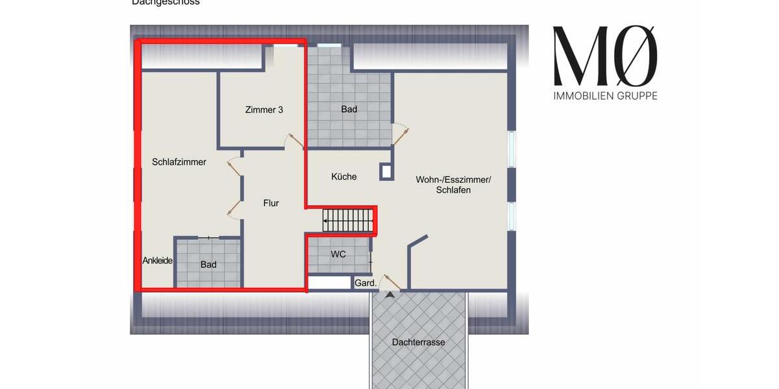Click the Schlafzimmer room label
point(179,162)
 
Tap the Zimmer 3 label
point(264,110)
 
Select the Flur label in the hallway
point(271,203)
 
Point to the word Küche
point(343,176)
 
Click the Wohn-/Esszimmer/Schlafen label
point(453,185)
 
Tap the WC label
point(338,254)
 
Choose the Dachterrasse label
point(419,342)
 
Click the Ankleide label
point(158,261)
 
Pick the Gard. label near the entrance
point(365,283)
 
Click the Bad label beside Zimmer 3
point(349,110)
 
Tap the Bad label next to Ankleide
point(208,265)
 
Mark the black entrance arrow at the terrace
point(389,295)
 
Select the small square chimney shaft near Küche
point(386,171)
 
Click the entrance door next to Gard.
point(391,281)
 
